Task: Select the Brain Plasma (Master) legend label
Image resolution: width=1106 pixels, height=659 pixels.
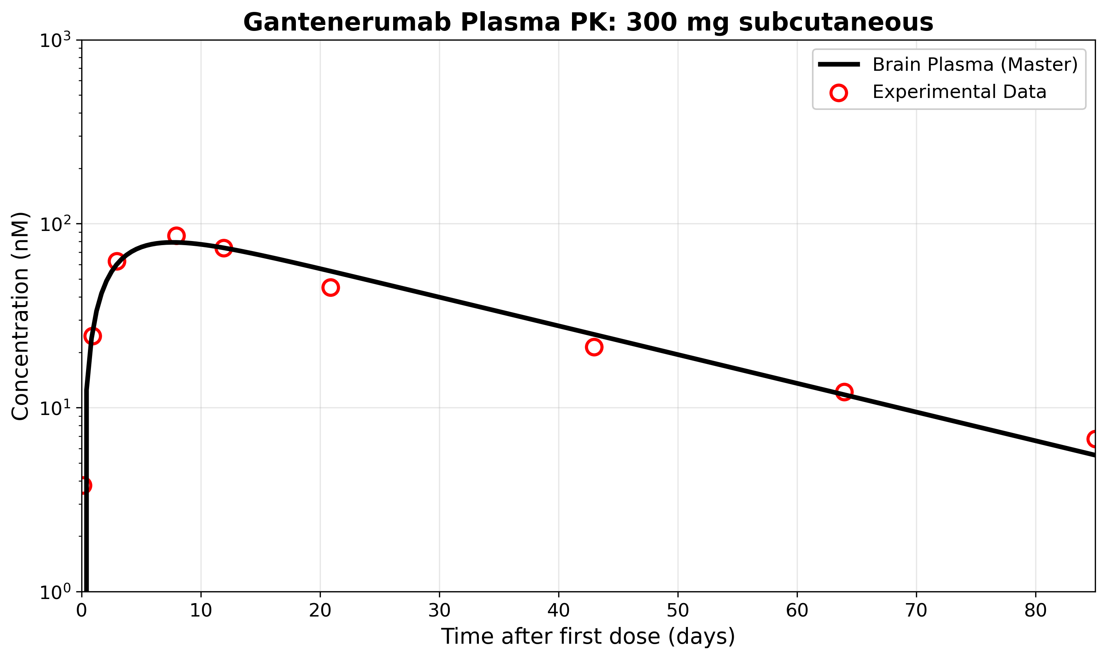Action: coord(975,65)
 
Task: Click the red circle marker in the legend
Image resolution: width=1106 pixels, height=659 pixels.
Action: coord(838,93)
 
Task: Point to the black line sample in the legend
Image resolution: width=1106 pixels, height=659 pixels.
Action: coord(838,65)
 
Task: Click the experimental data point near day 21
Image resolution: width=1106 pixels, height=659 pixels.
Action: coord(331,288)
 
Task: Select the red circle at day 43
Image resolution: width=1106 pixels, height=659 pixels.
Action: coord(594,347)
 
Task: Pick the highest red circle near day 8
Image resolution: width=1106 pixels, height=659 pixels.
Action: coord(176,236)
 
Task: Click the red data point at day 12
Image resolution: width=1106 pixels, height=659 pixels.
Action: coord(224,248)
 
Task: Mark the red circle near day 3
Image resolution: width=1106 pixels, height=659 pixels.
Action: coord(117,262)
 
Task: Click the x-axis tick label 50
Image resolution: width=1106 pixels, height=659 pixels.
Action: coord(678,611)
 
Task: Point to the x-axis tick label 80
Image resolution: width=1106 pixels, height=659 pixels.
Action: coord(1035,611)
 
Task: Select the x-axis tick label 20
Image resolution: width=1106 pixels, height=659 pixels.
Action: coord(320,611)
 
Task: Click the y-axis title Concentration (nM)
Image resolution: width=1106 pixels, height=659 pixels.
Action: coord(20,316)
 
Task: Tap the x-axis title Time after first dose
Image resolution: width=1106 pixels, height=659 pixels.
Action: coord(588,637)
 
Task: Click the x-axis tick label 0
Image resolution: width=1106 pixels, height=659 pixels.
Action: coord(82,611)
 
